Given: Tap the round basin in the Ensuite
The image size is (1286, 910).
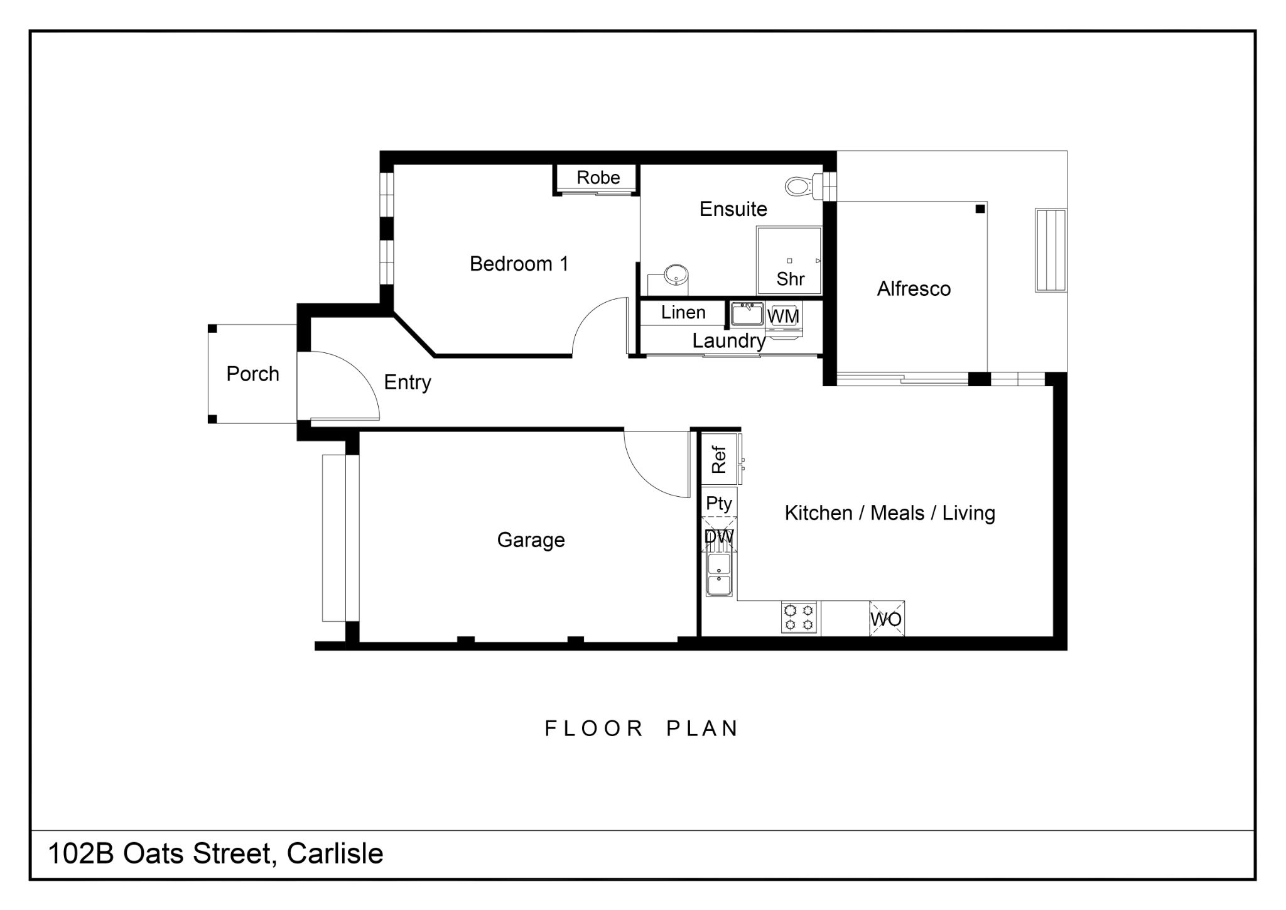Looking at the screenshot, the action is tap(676, 274).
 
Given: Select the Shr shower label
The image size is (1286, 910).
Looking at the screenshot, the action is tap(790, 279).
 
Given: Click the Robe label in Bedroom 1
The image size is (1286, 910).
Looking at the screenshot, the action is tap(598, 178).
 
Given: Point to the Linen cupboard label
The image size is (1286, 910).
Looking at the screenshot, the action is tap(683, 312).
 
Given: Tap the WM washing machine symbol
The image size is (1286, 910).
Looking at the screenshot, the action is tap(784, 317).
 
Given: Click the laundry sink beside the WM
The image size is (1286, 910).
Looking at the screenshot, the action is tap(747, 314).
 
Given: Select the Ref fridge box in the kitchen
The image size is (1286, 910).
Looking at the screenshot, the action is tap(719, 460).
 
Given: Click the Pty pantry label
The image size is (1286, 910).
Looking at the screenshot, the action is tap(719, 504).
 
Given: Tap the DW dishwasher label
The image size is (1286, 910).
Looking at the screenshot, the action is tap(719, 537).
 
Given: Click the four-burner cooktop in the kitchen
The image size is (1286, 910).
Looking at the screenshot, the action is tap(799, 617).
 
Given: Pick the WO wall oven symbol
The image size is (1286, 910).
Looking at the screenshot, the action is tap(887, 619).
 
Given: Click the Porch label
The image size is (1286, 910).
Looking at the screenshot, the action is tap(252, 374).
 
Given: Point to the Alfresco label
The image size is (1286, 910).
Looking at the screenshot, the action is tap(914, 289).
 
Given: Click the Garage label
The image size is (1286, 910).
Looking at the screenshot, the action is tap(531, 540).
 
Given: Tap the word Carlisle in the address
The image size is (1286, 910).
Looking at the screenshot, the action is tap(335, 853).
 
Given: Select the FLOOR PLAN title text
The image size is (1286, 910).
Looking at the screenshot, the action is tap(641, 729).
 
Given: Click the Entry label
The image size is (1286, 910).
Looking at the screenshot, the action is tap(408, 382).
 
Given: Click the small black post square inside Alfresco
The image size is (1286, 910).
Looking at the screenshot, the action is tap(980, 209).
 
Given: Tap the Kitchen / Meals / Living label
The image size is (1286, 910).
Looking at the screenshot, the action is tap(890, 513).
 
